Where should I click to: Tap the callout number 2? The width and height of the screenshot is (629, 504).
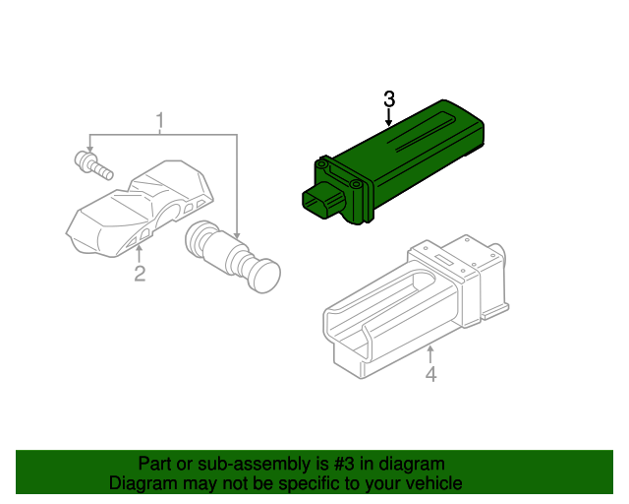point(140,274)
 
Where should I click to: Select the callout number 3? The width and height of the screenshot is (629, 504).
point(389,99)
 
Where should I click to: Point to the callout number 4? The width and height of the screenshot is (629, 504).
point(429,374)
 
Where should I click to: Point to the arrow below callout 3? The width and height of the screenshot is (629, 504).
point(389,119)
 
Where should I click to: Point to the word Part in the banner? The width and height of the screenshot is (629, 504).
point(155,464)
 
